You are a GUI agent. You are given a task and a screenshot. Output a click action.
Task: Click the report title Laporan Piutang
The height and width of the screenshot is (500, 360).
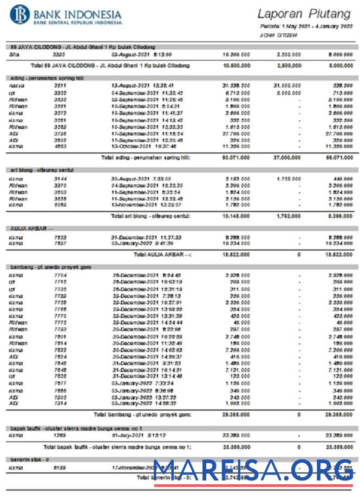point(305,14)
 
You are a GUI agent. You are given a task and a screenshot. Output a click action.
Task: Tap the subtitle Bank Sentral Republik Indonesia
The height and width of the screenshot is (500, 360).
point(77,23)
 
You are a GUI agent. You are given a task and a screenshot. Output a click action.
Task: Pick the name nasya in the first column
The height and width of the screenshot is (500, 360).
point(16,86)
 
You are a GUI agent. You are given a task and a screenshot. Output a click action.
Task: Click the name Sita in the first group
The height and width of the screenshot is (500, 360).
point(15,55)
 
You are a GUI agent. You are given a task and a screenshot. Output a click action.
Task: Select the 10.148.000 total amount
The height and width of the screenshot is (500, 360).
point(236,216)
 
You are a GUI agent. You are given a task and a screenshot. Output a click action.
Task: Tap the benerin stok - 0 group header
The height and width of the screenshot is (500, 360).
point(30,459)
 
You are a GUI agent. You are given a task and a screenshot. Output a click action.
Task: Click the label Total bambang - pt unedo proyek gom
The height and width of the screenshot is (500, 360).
point(142,415)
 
